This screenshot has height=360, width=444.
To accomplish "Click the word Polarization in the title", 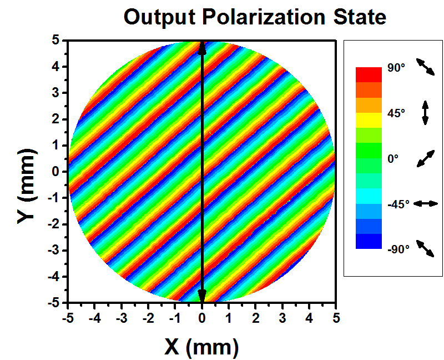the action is [x=263, y=17].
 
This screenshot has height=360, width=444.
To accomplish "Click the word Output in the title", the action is [x=160, y=17].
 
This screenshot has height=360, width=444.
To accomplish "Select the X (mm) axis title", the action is [x=201, y=347].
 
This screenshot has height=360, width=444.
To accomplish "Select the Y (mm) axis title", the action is [x=27, y=186].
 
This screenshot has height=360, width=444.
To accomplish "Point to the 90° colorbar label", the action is [x=396, y=68].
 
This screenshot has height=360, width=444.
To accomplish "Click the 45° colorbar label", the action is [x=396, y=113].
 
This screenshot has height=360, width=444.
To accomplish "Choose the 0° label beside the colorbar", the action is [x=393, y=159].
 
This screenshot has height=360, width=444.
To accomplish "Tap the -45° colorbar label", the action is [x=398, y=204].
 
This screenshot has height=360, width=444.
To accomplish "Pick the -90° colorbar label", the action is [x=398, y=249].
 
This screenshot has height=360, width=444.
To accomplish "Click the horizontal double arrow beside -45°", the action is [x=426, y=203].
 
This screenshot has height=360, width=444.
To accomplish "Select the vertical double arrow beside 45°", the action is [x=425, y=113].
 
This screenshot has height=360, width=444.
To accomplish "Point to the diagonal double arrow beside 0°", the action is [x=426, y=159].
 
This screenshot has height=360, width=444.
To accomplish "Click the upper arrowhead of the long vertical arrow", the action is [x=201, y=48].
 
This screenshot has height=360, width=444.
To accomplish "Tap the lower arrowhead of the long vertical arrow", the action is [x=201, y=296].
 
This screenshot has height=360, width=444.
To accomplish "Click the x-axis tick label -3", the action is [x=121, y=318].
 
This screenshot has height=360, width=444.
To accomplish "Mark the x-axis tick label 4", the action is [x=309, y=318].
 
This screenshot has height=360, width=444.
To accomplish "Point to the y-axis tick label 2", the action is [x=56, y=119].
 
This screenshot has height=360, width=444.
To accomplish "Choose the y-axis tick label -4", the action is [x=53, y=277].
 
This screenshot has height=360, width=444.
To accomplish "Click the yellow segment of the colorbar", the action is [x=369, y=120].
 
